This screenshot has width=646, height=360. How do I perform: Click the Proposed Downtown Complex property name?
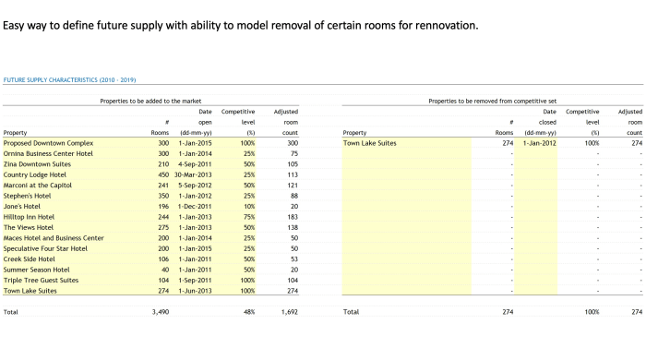coord(48,143)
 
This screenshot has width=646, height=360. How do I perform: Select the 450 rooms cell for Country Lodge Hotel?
coord(161,174)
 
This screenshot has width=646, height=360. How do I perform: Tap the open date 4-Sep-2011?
coord(196,164)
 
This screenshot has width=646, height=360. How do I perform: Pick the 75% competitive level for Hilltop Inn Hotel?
coord(248,217)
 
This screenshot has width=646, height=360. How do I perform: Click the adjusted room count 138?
coord(291,227)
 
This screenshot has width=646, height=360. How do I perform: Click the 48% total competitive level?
coord(248,312)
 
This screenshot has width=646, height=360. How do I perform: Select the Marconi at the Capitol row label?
coord(38,185)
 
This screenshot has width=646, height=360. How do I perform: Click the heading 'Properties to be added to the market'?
coord(150,100)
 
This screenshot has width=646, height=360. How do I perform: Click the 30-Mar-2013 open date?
coord(195,174)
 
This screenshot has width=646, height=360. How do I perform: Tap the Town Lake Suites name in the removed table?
coord(369,143)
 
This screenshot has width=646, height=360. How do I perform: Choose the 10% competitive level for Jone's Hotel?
coord(248,206)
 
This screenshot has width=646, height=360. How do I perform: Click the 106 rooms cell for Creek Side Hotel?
coord(161,258)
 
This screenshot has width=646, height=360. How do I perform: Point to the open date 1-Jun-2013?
coord(196,291)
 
